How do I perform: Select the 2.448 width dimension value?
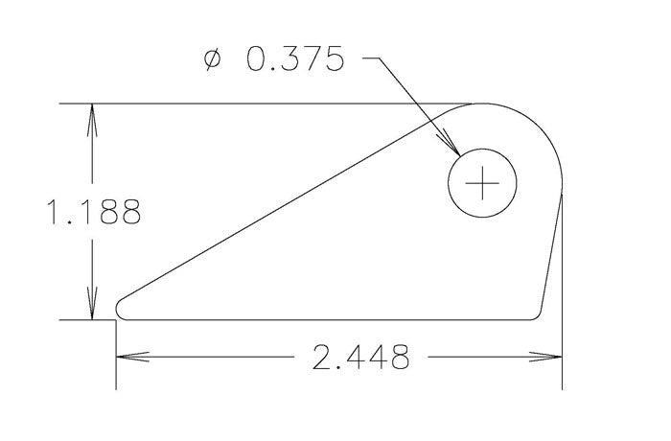pos(360,357)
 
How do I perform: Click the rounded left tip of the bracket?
pos(118,308)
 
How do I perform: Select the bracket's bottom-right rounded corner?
pos(539,313)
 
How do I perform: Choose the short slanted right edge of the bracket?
pos(551,254)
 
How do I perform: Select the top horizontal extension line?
pos(268,104)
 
